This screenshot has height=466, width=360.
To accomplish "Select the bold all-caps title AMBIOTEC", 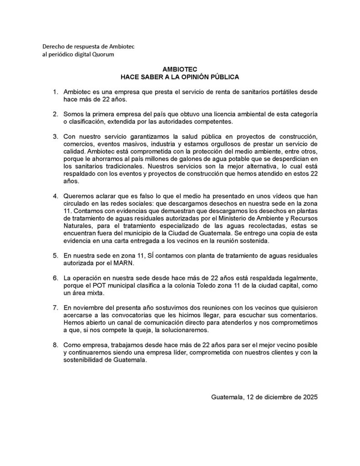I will click(x=179, y=69).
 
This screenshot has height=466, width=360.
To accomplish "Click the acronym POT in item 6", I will click(x=102, y=285).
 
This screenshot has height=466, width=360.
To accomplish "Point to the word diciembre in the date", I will click(x=272, y=396).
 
